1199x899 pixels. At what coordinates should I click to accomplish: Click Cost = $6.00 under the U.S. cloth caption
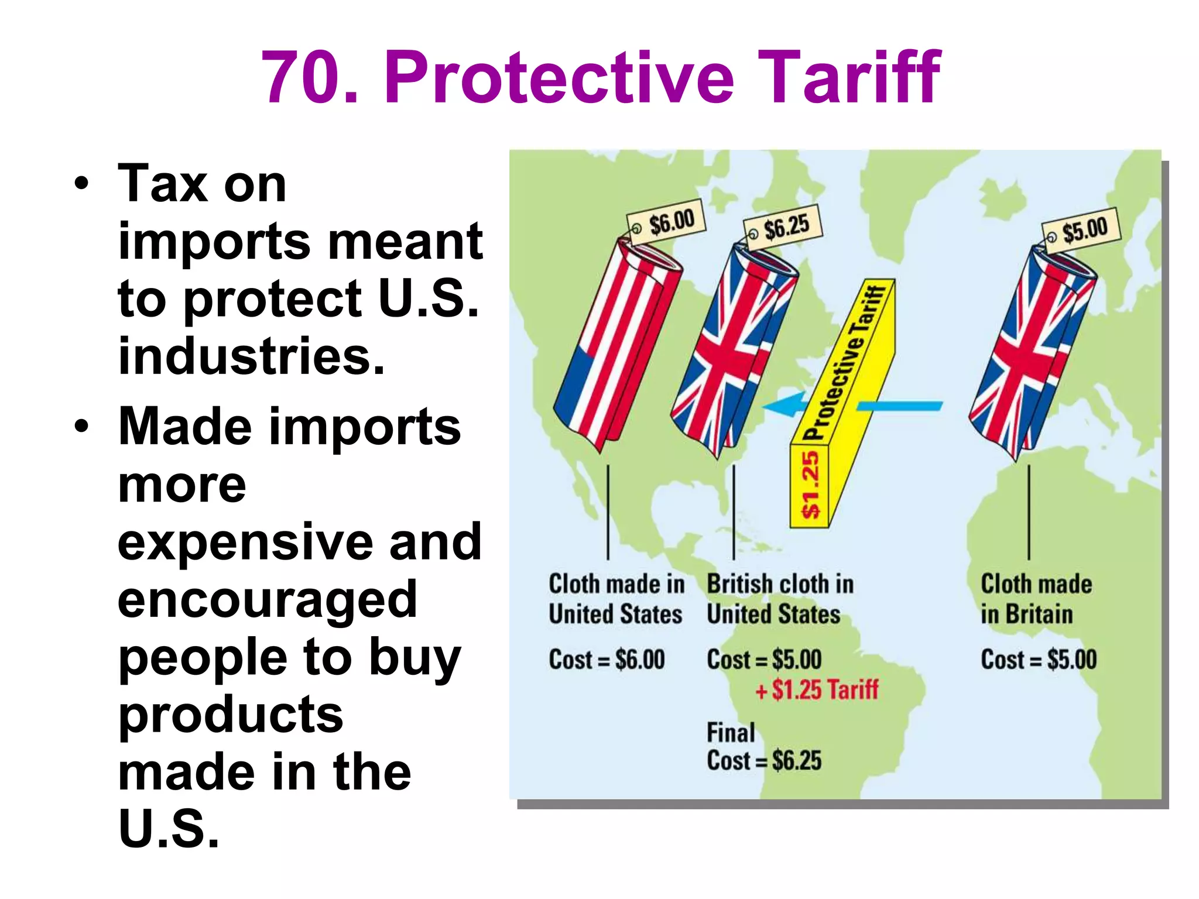(x=607, y=660)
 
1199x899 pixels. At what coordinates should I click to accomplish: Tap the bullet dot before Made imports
(x=82, y=426)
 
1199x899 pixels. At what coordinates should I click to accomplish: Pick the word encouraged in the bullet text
(x=267, y=599)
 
